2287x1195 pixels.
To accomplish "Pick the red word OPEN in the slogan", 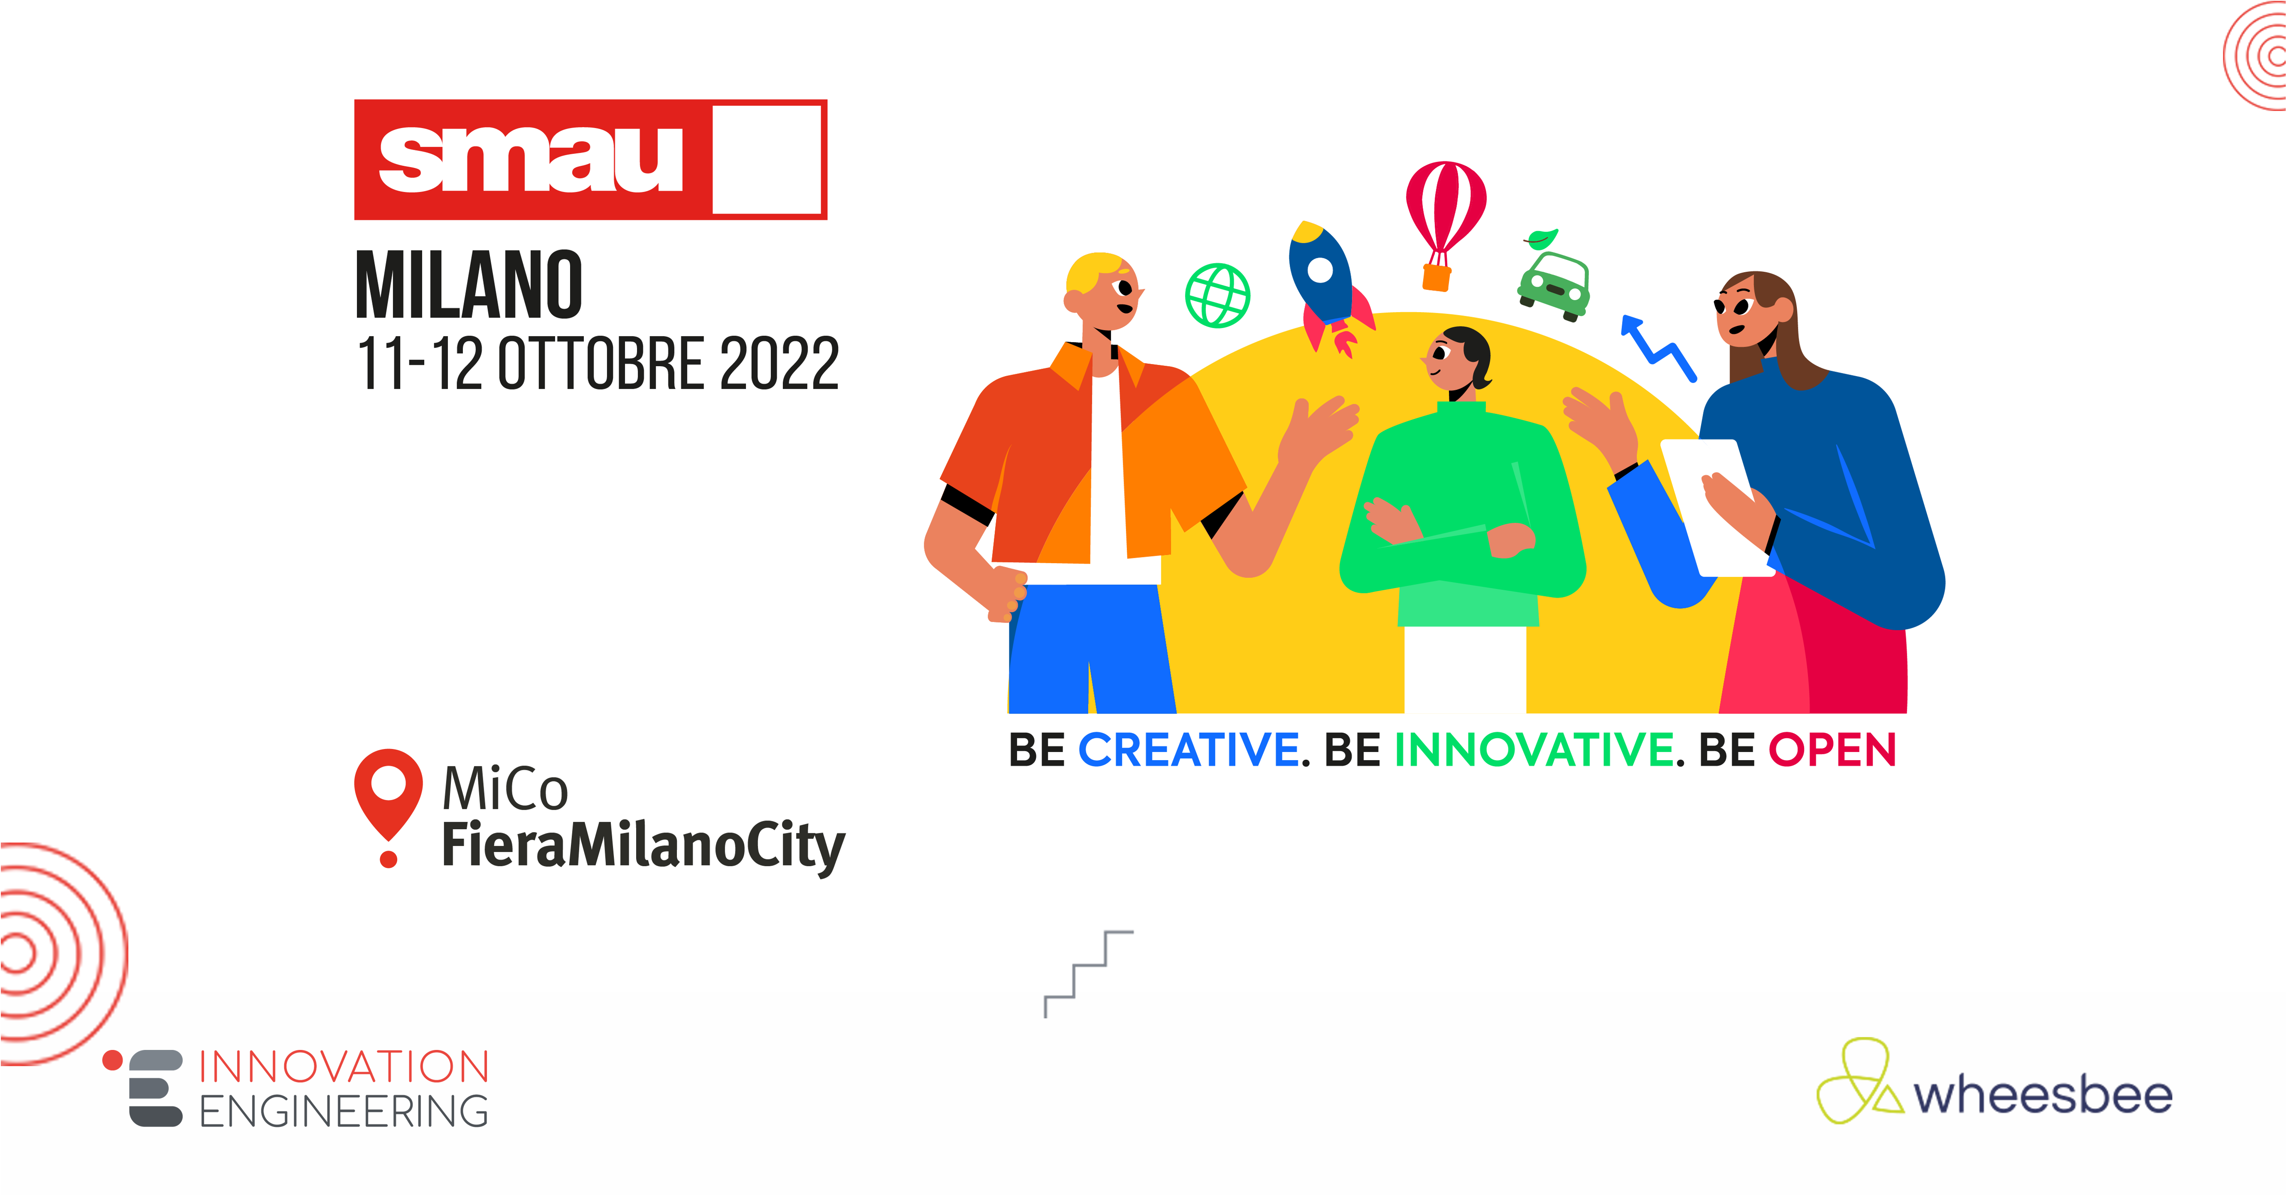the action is tap(1832, 750).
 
